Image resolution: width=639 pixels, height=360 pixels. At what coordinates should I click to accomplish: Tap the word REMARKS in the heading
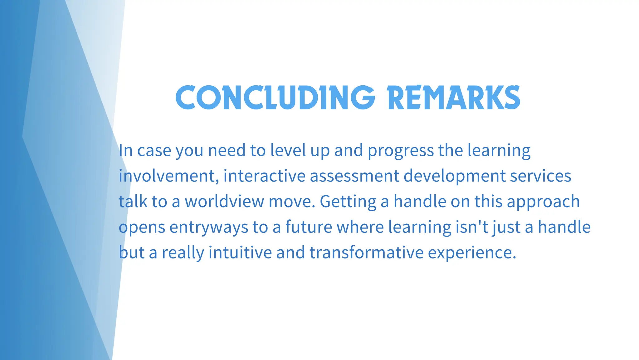pos(453,97)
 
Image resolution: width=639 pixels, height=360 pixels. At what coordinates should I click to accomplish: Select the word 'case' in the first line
pos(154,151)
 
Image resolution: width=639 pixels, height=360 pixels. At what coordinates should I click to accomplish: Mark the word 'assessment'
pos(354,176)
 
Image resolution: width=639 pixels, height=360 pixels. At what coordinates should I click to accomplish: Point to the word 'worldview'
pos(225,202)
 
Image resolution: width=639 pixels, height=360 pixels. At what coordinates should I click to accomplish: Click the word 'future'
pos(309,227)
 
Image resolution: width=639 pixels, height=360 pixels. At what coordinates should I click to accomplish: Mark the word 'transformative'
pos(366,252)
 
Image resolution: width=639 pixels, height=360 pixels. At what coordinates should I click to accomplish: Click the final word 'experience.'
pos(472,253)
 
